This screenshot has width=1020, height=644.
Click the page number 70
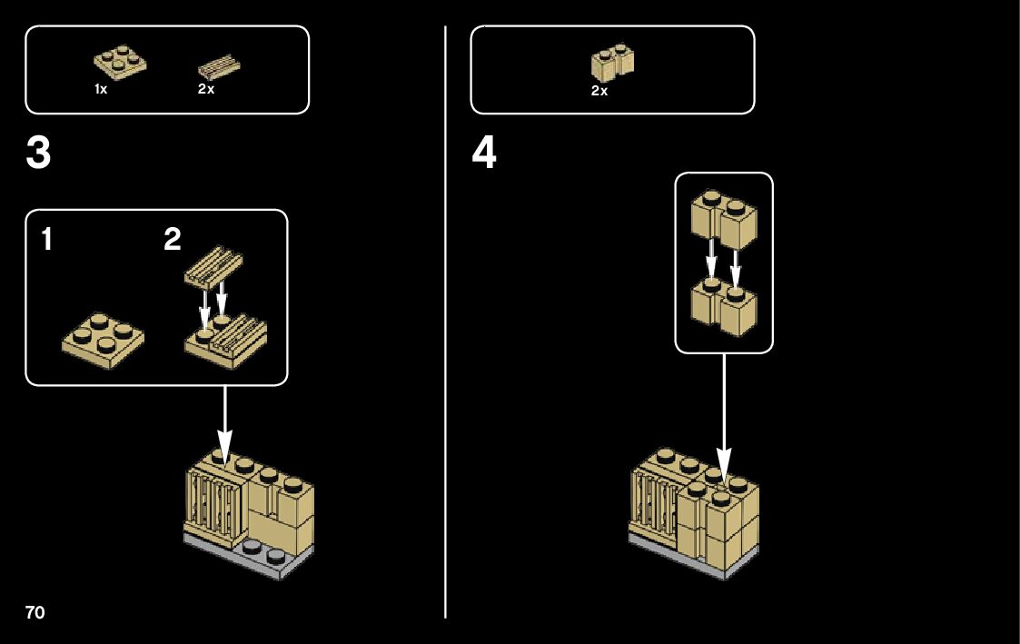point(35,612)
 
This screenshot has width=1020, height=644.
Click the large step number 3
point(38,153)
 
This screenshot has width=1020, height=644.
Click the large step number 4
point(484,153)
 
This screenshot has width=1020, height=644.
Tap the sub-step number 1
point(47,239)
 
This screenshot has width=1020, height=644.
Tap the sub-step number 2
point(173,239)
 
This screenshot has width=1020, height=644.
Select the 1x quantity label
point(101,89)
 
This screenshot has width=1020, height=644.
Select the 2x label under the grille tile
point(206,89)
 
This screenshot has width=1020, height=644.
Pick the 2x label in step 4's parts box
point(599,91)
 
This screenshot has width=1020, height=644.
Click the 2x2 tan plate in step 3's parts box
point(120,62)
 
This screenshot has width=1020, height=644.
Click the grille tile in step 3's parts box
point(219,67)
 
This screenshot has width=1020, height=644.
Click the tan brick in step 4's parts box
point(613,63)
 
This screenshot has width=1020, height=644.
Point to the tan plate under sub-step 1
point(103,340)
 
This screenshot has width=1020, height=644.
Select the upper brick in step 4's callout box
point(724,221)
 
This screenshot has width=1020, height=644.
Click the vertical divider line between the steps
point(446,322)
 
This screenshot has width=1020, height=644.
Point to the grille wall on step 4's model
point(655,504)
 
